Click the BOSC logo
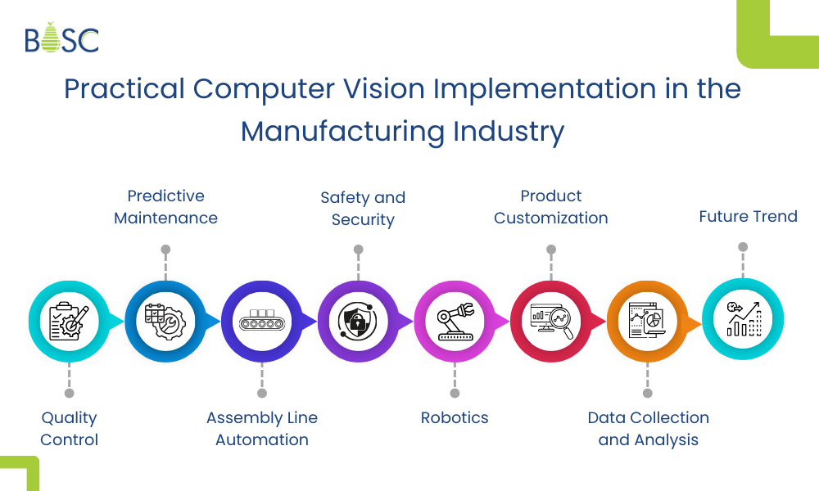[x=61, y=38]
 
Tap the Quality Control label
[x=70, y=429]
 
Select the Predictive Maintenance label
[x=165, y=207]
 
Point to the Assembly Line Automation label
[x=262, y=429]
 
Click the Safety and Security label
[x=363, y=209]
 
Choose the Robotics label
[x=455, y=418]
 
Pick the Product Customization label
[x=551, y=207]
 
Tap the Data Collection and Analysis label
[x=648, y=429]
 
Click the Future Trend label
[x=748, y=217]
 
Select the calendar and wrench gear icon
[x=165, y=321]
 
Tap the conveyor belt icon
[x=261, y=321]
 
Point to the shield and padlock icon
[x=358, y=321]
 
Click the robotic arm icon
[x=455, y=321]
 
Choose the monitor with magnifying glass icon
[x=551, y=321]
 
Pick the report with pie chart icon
[x=647, y=321]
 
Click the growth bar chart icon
[x=743, y=320]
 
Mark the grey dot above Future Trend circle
[x=743, y=246]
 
